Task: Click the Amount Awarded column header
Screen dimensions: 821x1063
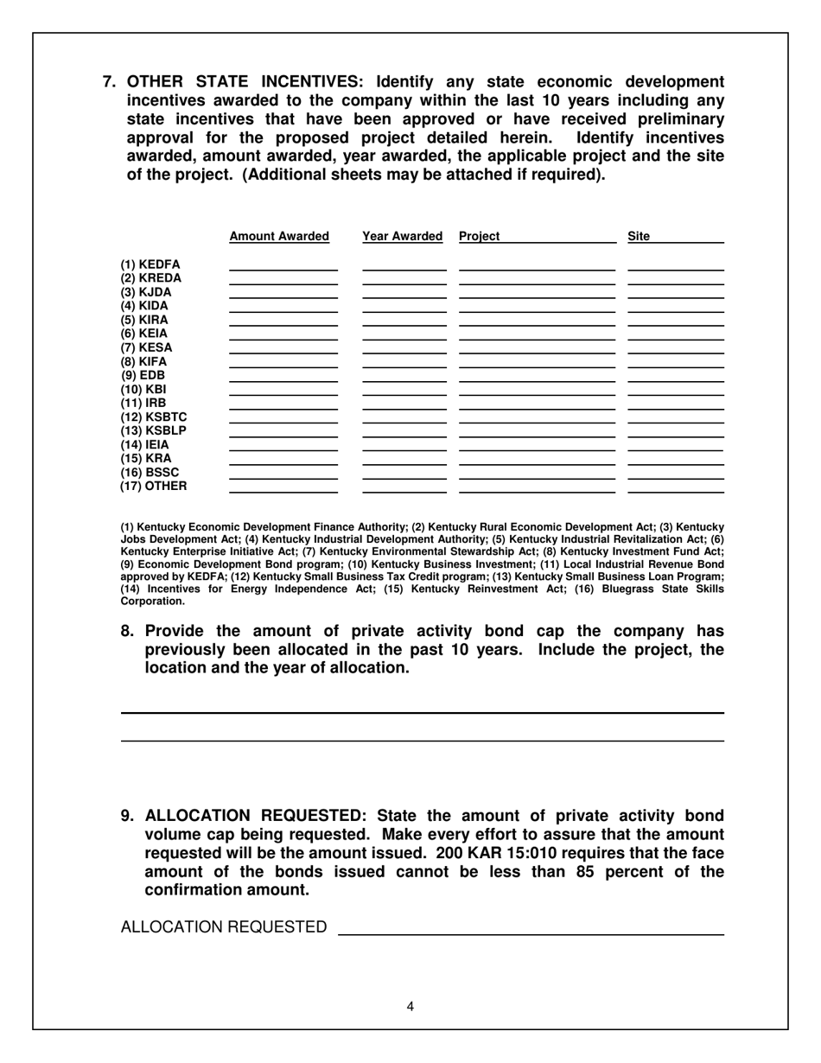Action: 279,237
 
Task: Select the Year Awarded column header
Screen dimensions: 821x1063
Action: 403,237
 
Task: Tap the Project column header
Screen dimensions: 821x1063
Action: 480,237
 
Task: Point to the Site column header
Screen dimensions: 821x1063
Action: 640,237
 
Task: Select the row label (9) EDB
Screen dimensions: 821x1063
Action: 143,375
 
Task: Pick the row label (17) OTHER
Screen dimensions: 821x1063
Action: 154,486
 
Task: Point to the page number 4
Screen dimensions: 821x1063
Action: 410,1006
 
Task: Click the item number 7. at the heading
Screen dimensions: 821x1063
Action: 111,82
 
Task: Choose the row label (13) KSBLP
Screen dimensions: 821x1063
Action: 154,430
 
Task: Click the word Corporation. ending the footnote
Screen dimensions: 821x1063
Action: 152,601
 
